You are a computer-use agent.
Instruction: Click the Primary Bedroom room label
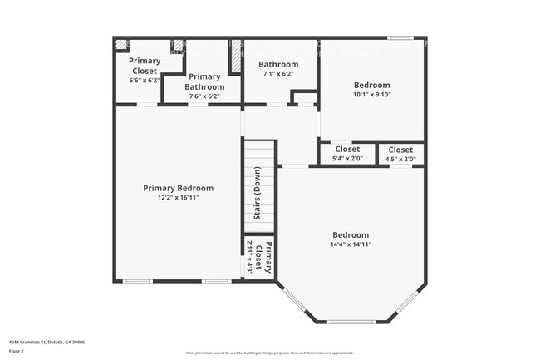pos(178,188)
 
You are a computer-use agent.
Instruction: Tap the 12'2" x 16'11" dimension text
pos(178,197)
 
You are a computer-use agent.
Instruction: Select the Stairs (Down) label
pos(258,194)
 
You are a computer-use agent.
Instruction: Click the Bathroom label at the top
pos(278,64)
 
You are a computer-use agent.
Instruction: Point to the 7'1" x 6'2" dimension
pos(278,73)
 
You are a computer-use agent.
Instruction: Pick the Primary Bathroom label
pos(204,81)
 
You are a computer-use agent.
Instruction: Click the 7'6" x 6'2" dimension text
pos(204,96)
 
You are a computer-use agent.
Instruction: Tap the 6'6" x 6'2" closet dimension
pos(144,81)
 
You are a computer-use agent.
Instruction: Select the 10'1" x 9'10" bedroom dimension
pos(372,94)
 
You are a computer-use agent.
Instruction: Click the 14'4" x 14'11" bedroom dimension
pos(351,244)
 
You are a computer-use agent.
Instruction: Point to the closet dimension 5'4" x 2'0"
pos(347,158)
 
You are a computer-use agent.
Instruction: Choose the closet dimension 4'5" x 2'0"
pos(400,158)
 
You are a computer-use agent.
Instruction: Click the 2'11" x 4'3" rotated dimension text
pos(248,257)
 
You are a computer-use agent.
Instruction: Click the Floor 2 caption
pos(17,351)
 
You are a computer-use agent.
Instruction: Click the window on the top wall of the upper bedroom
pos(400,37)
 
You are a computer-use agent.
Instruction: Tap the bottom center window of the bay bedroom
pos(351,322)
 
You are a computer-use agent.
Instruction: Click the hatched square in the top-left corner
pos(121,44)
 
